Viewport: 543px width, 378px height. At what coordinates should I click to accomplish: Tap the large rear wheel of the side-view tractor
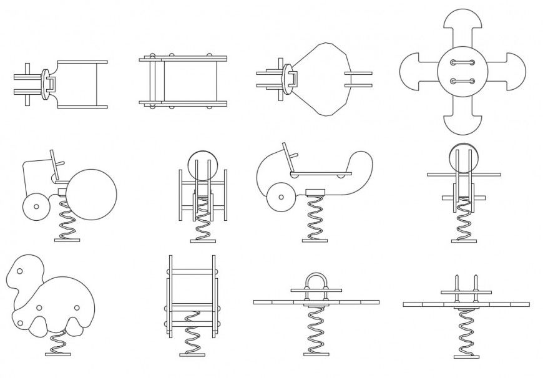91,194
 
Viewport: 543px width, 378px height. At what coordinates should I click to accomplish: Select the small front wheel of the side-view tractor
36,206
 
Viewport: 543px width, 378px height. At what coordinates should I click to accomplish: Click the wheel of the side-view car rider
281,198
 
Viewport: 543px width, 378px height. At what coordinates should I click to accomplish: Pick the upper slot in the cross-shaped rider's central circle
462,62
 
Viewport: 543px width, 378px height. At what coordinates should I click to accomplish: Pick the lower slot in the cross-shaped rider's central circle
462,81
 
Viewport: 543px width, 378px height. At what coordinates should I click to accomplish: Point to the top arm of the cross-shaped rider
462,25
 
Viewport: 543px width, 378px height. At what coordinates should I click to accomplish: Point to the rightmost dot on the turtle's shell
76,308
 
